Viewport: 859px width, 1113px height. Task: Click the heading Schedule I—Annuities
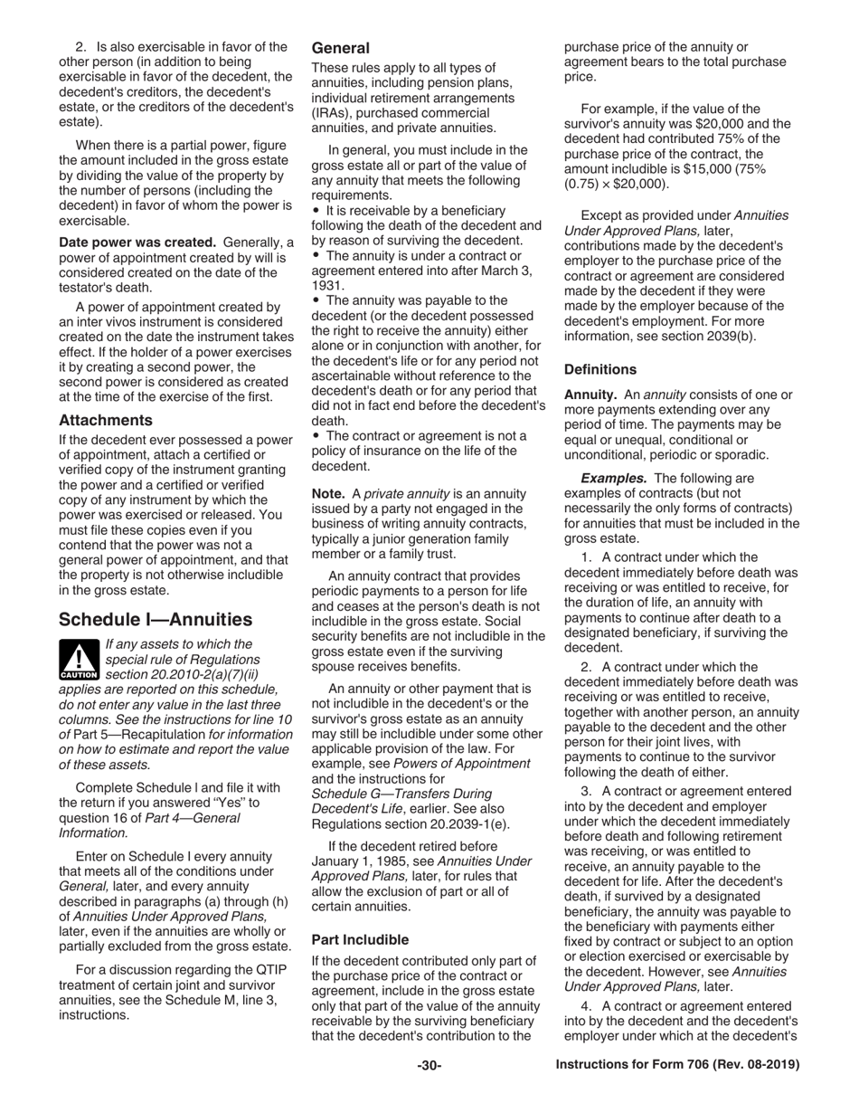pos(155,620)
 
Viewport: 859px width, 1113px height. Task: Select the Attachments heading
pos(105,420)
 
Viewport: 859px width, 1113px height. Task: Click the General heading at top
pos(340,48)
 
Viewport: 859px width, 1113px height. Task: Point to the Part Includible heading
pos(359,939)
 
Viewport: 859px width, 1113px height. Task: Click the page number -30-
pos(429,1065)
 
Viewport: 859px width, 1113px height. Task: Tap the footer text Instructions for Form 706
pos(677,1065)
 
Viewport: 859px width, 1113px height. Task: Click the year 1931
pos(328,284)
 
